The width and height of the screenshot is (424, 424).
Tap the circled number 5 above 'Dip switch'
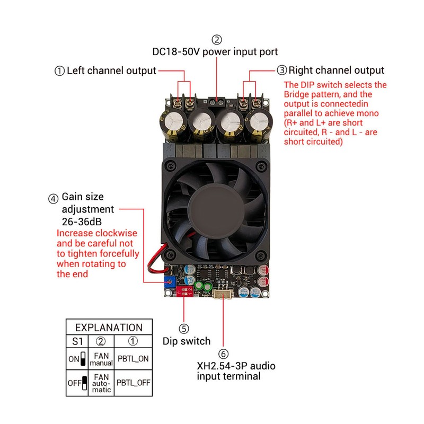point(183,329)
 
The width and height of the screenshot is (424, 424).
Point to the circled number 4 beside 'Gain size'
point(53,199)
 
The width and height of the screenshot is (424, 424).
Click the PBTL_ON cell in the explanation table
point(132,358)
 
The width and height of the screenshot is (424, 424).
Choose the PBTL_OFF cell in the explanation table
point(132,382)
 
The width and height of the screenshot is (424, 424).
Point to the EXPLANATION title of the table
point(109,328)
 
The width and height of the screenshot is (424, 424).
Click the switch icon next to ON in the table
point(83,359)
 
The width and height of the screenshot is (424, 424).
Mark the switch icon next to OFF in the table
point(84,382)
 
